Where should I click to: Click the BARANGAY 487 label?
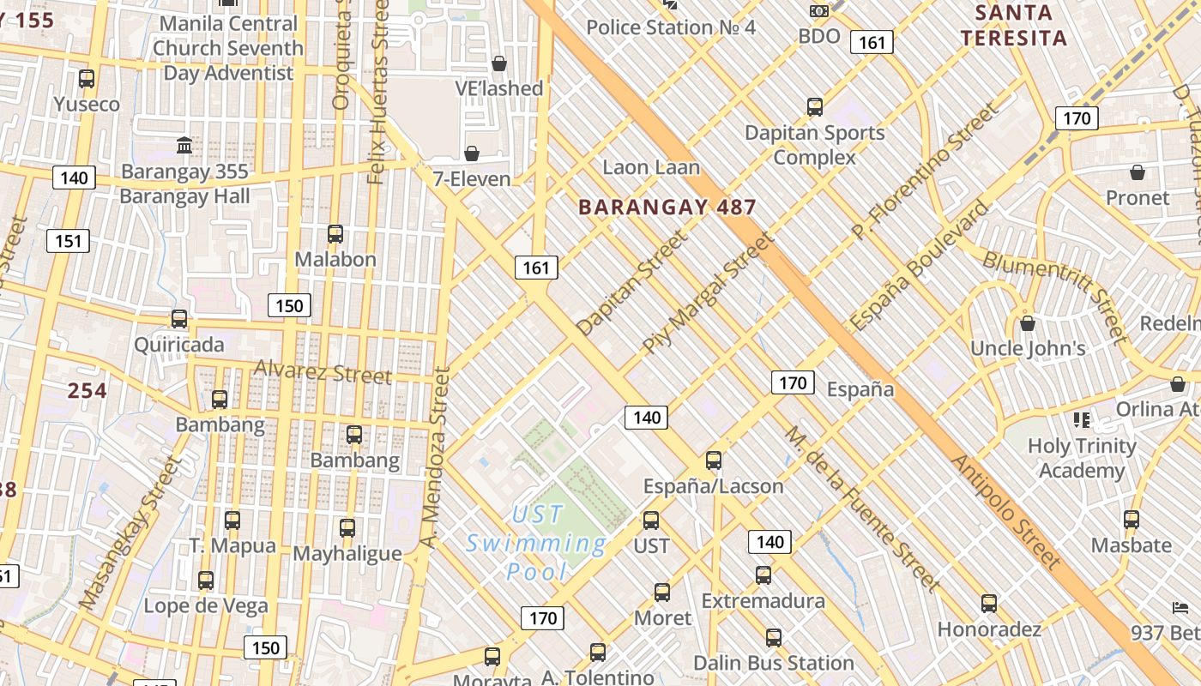[667, 207]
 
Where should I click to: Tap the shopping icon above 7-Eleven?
[471, 153]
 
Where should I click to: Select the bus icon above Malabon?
[335, 233]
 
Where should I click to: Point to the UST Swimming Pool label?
[536, 543]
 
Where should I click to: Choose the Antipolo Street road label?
[1005, 511]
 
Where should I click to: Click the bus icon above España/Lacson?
[713, 460]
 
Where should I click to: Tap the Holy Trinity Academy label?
[1082, 458]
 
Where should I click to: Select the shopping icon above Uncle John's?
[1027, 323]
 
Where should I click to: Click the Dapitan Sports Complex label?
[814, 145]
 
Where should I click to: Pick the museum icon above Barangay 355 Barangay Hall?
[184, 145]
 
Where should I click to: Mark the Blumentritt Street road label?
[1054, 294]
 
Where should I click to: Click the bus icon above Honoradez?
[989, 603]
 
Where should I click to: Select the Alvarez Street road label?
[323, 372]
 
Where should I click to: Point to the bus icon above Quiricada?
[178, 319]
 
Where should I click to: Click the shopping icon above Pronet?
[1138, 172]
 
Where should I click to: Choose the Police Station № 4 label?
[670, 27]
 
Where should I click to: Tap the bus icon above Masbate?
[1132, 519]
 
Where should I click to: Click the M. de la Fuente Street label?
[861, 508]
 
